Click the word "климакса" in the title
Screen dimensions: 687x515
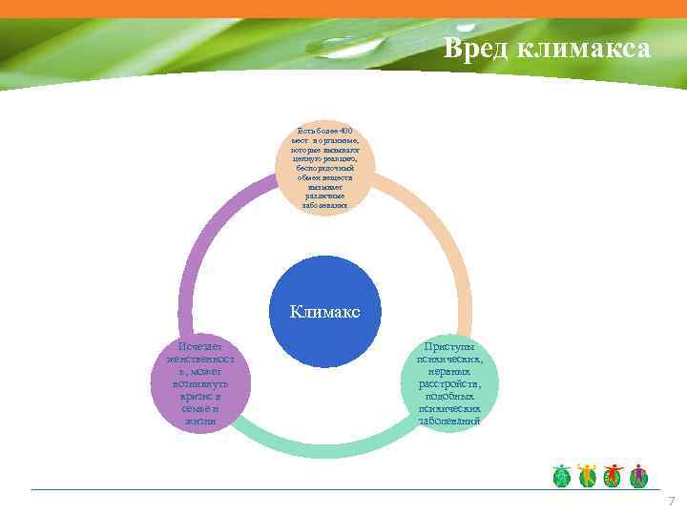click(x=584, y=49)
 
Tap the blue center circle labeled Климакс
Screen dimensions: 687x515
click(x=325, y=311)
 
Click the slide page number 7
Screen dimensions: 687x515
click(x=671, y=501)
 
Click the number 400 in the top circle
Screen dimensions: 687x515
click(x=345, y=131)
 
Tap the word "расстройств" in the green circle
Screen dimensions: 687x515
click(x=448, y=383)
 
